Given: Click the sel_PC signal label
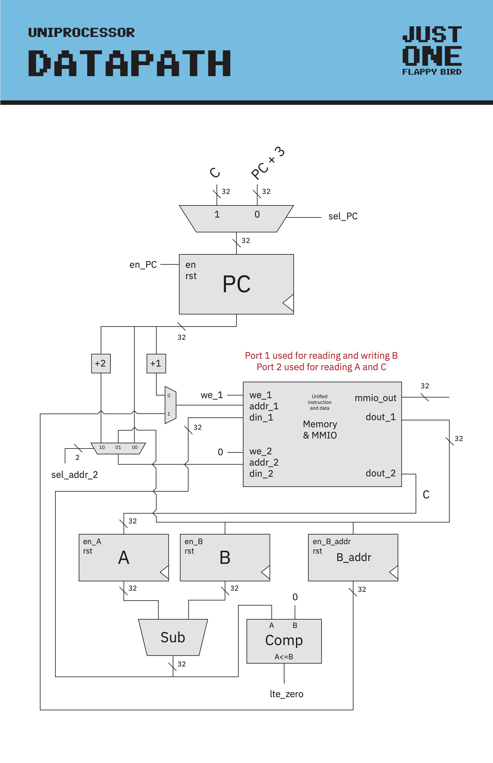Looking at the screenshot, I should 343,216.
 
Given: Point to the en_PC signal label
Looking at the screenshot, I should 143,265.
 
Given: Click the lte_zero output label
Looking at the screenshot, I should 287,694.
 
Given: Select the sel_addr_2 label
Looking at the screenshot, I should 75,475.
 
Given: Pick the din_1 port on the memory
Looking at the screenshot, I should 261,417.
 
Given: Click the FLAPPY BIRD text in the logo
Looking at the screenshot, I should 432,72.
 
